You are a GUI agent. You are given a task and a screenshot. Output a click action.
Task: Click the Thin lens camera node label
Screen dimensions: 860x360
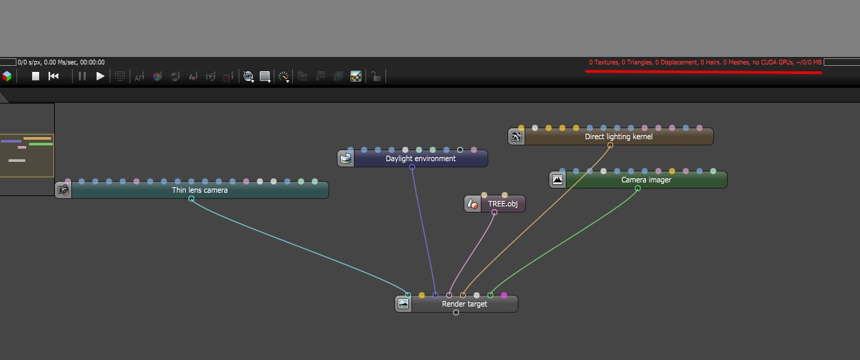[200, 190]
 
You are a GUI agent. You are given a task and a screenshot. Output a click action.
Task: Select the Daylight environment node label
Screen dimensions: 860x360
[420, 158]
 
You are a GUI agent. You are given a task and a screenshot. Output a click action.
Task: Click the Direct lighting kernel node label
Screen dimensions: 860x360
[619, 136]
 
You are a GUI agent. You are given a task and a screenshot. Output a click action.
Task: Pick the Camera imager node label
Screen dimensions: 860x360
[646, 180]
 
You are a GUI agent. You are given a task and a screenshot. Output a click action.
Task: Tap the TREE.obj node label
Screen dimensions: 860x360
[503, 204]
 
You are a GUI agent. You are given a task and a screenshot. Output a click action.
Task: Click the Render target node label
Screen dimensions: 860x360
[464, 304]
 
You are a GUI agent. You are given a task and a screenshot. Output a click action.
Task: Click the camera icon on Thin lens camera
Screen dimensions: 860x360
[63, 190]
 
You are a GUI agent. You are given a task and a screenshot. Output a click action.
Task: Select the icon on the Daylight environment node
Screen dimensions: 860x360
[346, 158]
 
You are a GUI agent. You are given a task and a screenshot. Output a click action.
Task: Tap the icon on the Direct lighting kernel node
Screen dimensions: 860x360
[516, 136]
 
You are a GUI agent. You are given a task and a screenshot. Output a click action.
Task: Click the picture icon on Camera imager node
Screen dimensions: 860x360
[558, 180]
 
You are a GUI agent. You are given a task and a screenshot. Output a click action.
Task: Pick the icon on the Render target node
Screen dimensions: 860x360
[403, 304]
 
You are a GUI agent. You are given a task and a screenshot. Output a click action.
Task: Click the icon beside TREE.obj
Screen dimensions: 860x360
[473, 204]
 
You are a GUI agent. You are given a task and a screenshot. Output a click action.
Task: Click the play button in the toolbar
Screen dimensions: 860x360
[100, 76]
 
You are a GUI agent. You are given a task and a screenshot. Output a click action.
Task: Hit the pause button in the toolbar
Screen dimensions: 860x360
[82, 76]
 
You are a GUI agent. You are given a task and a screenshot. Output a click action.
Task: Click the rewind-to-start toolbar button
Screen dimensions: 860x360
[53, 76]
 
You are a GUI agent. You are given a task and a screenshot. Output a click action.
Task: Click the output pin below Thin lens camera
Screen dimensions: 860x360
[191, 199]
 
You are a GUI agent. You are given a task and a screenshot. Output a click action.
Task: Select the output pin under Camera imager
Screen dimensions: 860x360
[638, 189]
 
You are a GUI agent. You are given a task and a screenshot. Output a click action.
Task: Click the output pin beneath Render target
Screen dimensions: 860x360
[456, 313]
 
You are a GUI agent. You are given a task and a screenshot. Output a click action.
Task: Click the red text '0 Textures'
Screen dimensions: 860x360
[604, 62]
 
